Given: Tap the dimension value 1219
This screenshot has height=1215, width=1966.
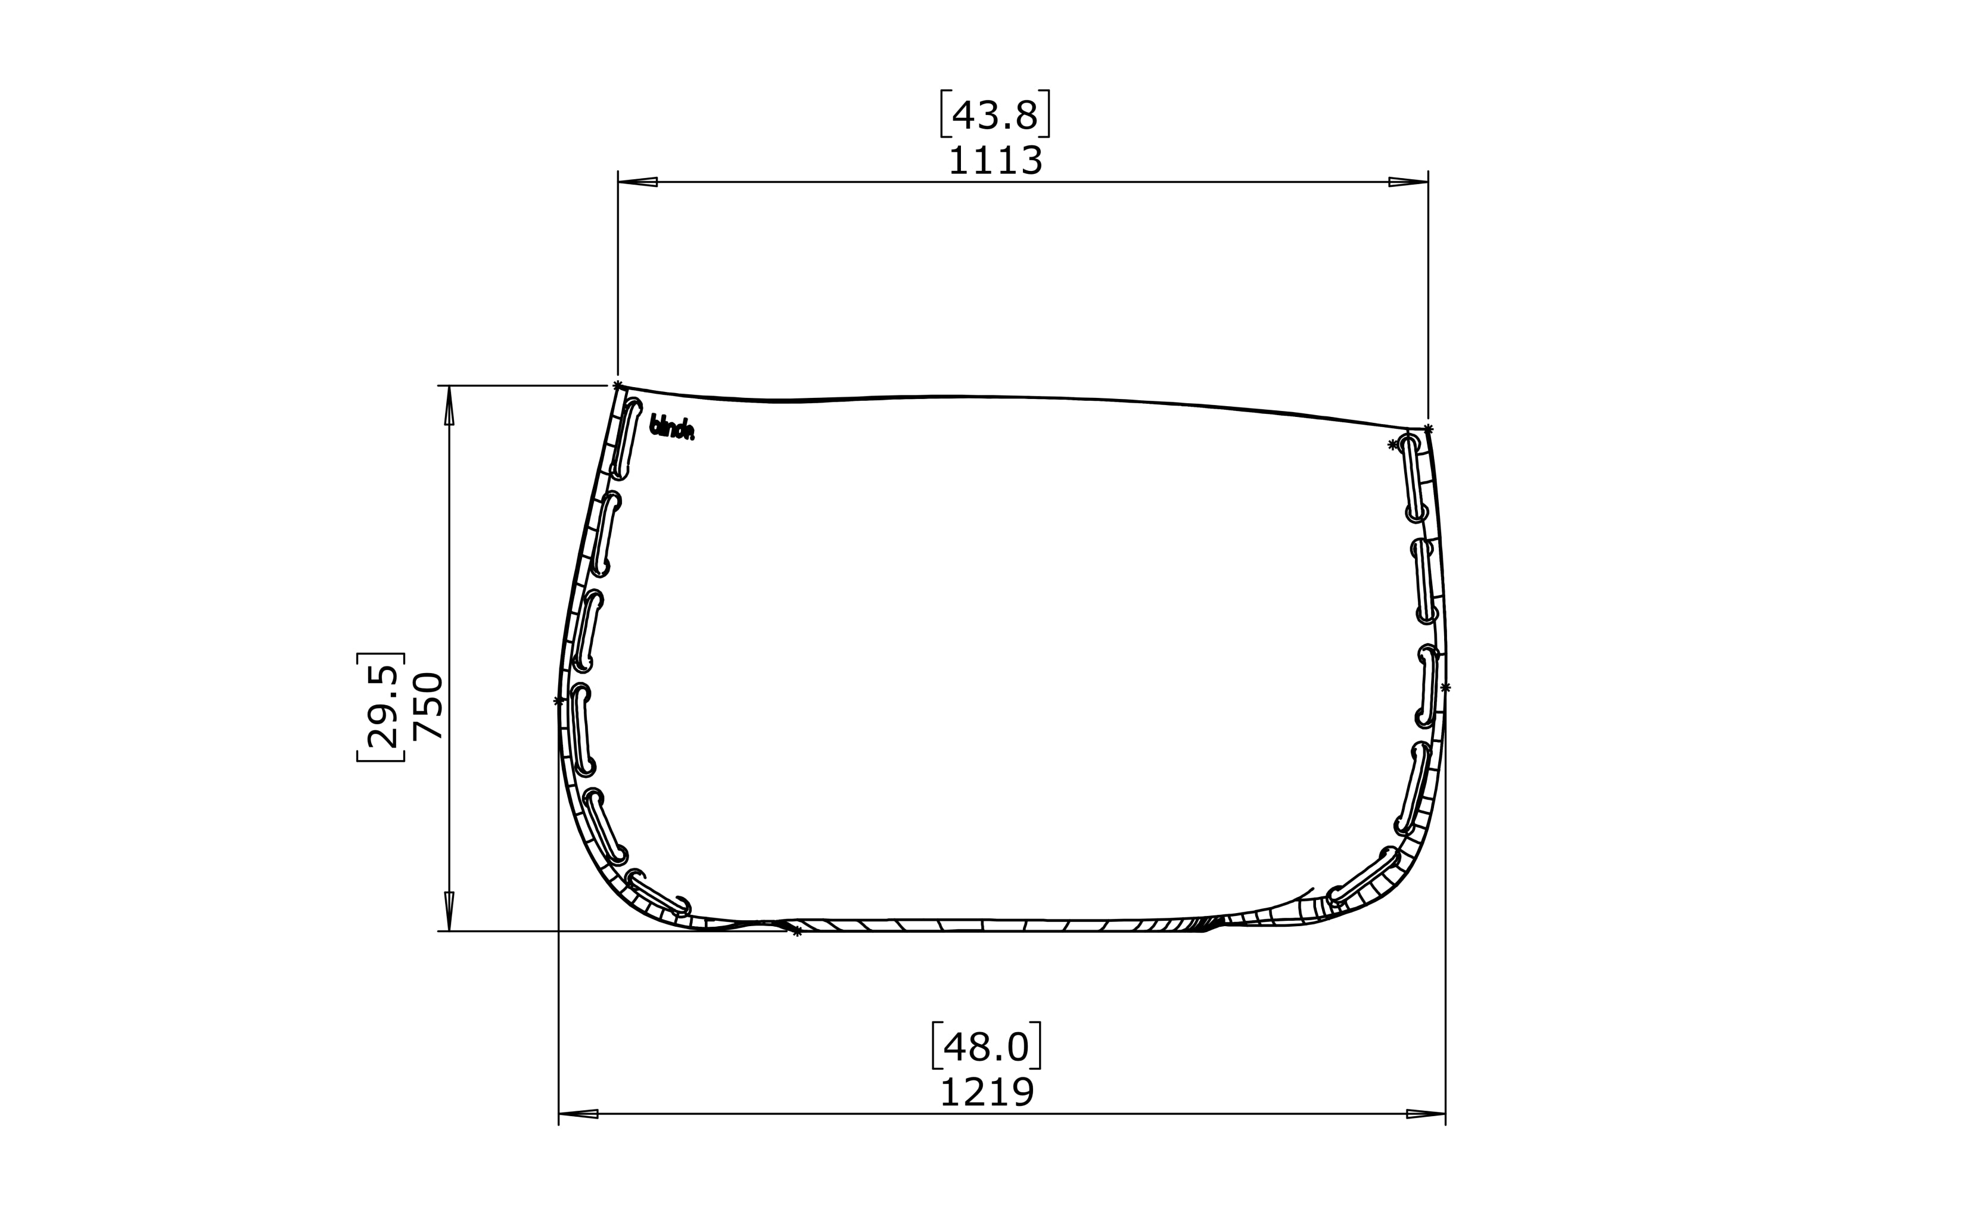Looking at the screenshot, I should pyautogui.click(x=986, y=1093).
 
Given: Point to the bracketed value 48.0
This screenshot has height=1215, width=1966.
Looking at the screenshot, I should pyautogui.click(x=986, y=1047).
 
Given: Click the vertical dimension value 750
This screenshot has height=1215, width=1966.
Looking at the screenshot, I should pyautogui.click(x=427, y=706).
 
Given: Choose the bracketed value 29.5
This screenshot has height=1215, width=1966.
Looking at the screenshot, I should pyautogui.click(x=381, y=706).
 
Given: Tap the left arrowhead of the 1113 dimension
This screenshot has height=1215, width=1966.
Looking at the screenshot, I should pyautogui.click(x=637, y=182).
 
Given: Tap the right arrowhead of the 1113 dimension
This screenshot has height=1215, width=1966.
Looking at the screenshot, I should pyautogui.click(x=1408, y=182).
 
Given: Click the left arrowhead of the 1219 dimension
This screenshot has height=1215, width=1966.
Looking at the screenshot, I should pyautogui.click(x=578, y=1114).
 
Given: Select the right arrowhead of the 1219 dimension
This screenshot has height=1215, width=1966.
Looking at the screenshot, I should pyautogui.click(x=1426, y=1114).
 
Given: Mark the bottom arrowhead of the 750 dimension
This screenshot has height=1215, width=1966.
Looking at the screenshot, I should pyautogui.click(x=449, y=911).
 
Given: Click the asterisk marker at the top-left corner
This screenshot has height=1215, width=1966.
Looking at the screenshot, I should pyautogui.click(x=617, y=387).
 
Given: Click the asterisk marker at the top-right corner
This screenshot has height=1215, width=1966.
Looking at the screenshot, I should pyautogui.click(x=1428, y=429).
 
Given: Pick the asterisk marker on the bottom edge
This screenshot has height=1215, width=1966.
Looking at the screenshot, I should pyautogui.click(x=797, y=932).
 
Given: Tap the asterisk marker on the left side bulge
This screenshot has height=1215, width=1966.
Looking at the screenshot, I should pyautogui.click(x=559, y=701).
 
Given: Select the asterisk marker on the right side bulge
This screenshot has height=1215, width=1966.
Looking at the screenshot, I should pyautogui.click(x=1445, y=687).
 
